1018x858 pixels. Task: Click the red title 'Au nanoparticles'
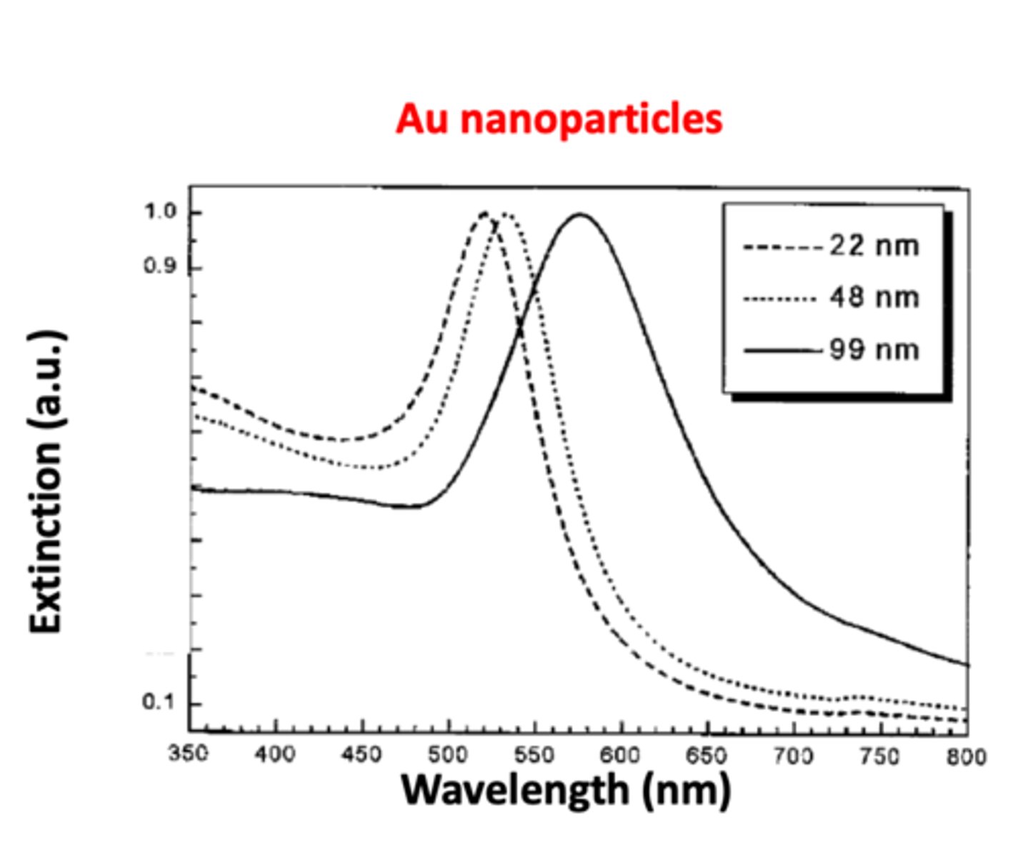pyautogui.click(x=559, y=119)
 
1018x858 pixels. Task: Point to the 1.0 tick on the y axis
pyautogui.click(x=160, y=212)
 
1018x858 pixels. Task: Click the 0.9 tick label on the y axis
pyautogui.click(x=160, y=267)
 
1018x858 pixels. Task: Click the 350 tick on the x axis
pyautogui.click(x=189, y=754)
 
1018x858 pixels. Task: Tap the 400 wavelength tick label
pyautogui.click(x=275, y=754)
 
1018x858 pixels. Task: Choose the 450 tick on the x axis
pyautogui.click(x=361, y=754)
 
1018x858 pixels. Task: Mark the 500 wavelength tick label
pyautogui.click(x=448, y=754)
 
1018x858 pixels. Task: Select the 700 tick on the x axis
pyautogui.click(x=793, y=756)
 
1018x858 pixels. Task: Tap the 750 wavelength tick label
pyautogui.click(x=879, y=756)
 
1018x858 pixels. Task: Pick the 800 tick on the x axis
pyautogui.click(x=966, y=756)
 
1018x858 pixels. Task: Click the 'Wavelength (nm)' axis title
pyautogui.click(x=567, y=790)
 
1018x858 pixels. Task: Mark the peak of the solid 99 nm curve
pyautogui.click(x=580, y=214)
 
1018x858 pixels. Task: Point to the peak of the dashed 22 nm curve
pyautogui.click(x=484, y=213)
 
